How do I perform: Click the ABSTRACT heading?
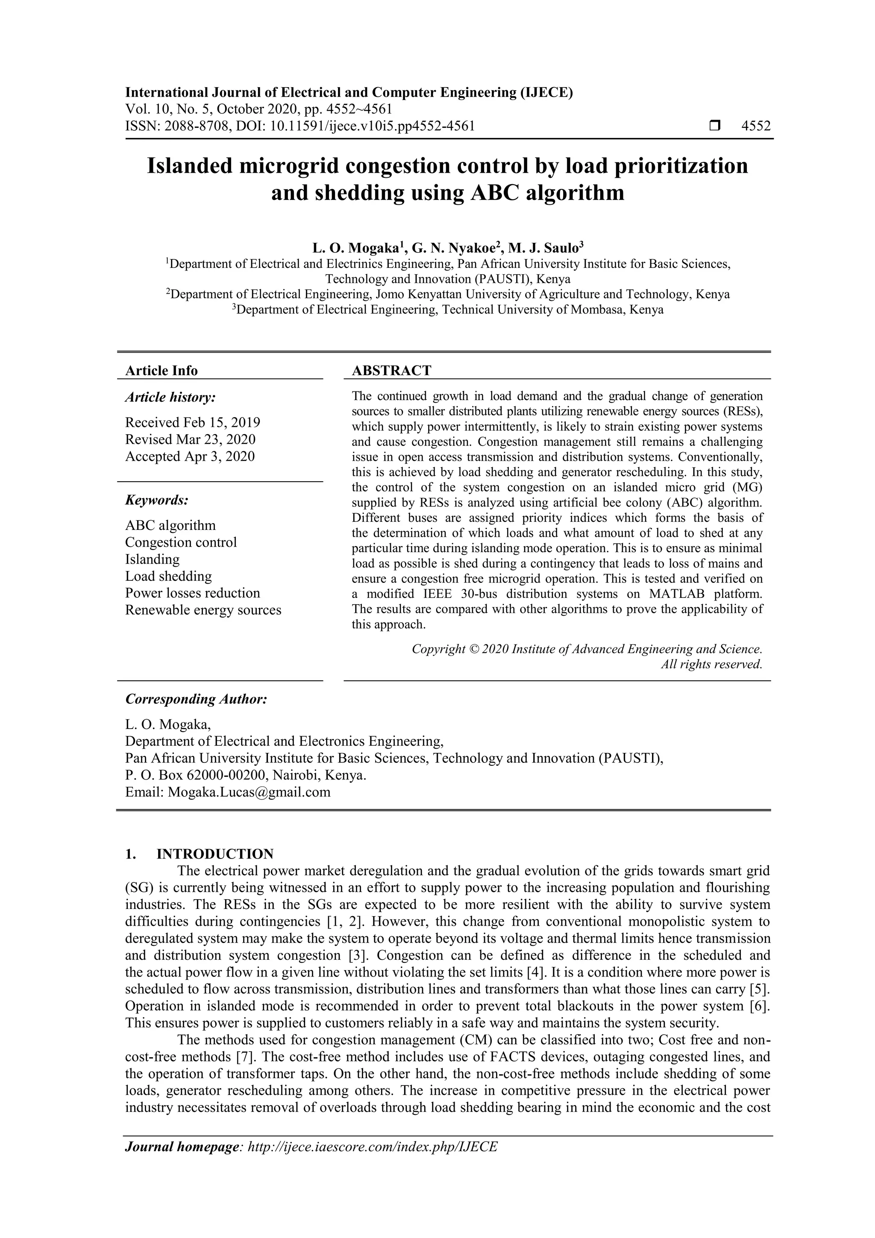coord(391,371)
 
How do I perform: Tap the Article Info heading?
coord(161,371)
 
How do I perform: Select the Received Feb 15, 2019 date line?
coord(192,422)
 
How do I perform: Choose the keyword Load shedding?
coord(168,576)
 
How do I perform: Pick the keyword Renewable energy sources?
coord(203,610)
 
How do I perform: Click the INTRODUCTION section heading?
coord(214,854)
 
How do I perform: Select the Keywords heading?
coord(157,500)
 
